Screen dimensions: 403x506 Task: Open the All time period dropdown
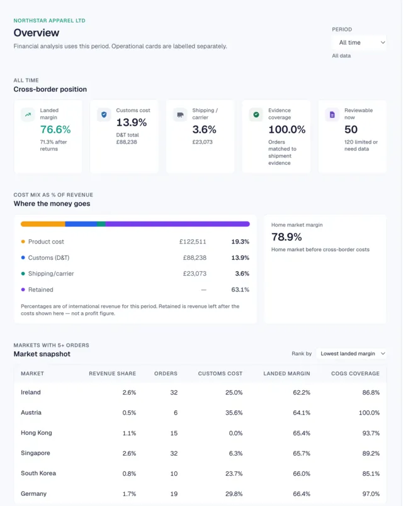(359, 43)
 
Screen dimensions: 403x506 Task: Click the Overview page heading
(36, 33)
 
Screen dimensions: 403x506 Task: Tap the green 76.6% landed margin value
(55, 130)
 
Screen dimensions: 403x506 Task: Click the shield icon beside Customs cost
(104, 115)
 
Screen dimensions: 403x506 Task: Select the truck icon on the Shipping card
(180, 115)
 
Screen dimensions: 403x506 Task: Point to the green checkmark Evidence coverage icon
(256, 115)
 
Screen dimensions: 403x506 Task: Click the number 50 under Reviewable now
(351, 130)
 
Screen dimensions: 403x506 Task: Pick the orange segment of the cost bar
(43, 224)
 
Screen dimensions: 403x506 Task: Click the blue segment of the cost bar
(81, 224)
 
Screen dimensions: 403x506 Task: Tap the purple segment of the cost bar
(178, 224)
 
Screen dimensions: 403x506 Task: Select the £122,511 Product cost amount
(193, 242)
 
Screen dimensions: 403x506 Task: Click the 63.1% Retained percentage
(241, 290)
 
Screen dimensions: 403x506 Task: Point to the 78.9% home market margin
(287, 237)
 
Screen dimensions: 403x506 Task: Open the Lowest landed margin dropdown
(351, 354)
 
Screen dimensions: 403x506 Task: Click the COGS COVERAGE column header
(355, 374)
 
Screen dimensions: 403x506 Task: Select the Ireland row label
(31, 393)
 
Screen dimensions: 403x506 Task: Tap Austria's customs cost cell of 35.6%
(234, 413)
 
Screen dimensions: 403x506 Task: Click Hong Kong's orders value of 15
(174, 433)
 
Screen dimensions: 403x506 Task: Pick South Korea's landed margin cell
(302, 474)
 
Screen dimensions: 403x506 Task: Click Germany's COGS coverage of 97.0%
(371, 494)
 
